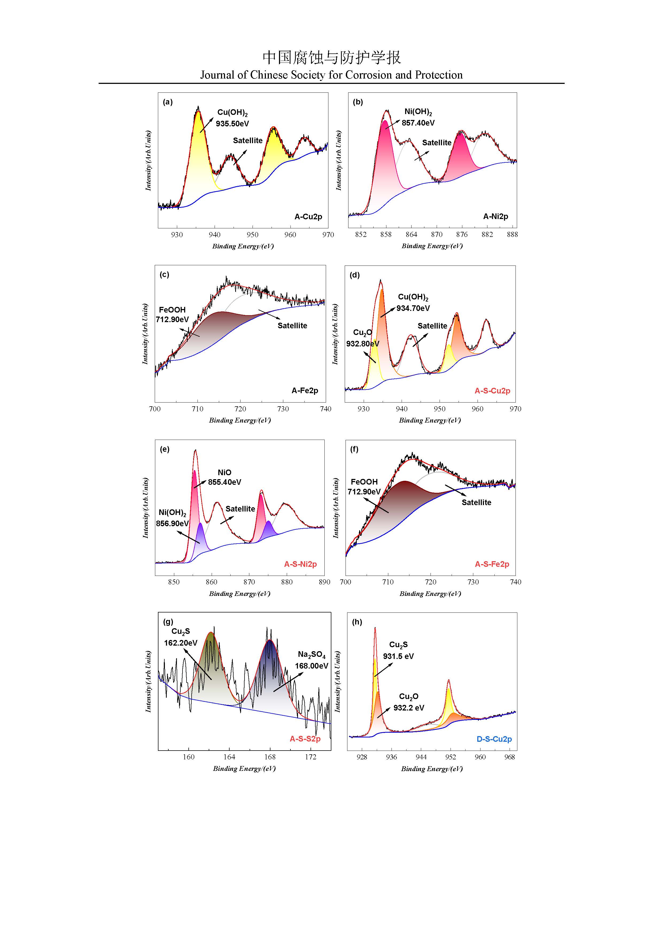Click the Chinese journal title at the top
coord(331,57)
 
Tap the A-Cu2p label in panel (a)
coord(308,217)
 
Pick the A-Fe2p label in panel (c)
coord(305,391)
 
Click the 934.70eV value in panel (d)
coord(413,308)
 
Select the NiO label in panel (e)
coord(224,472)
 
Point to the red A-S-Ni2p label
coord(300,564)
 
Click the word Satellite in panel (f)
coord(476,502)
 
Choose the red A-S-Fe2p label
coord(492,564)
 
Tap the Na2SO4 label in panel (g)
coord(312,655)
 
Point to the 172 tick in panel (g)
coord(311,757)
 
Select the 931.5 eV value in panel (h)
coord(398,656)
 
